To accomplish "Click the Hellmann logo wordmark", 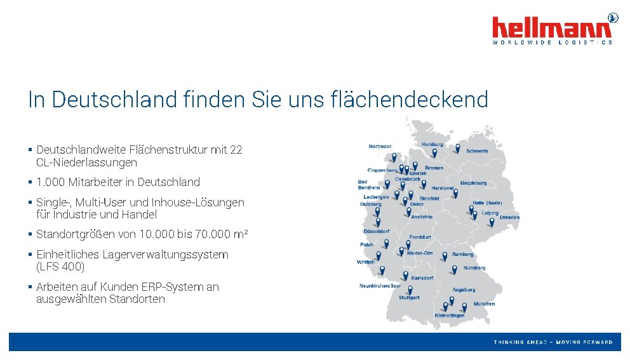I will tap(552, 28).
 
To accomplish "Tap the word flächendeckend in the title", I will tap(410, 100).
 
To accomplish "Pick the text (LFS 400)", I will tap(60, 267).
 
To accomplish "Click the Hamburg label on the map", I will tap(432, 144).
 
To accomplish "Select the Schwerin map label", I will tap(477, 151).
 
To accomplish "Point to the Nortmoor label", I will tap(380, 147).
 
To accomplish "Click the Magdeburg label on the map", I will tap(473, 183).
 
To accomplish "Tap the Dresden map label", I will tap(509, 217).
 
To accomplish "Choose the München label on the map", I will tap(484, 303).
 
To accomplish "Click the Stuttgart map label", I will tap(409, 297).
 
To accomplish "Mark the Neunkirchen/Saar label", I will tap(380, 286).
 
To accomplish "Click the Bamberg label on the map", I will tap(463, 255).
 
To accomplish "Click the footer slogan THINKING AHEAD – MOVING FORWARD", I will tap(553, 342).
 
